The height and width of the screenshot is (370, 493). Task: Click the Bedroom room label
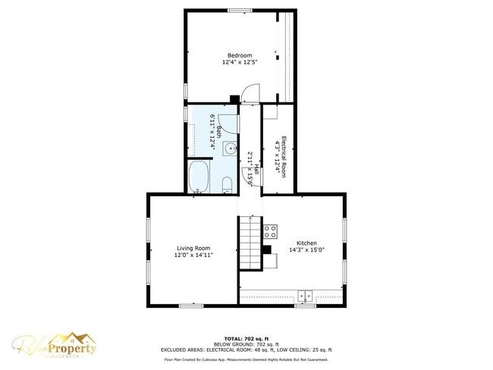240,55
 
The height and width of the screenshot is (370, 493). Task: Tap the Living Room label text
193,248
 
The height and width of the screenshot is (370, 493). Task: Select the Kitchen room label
306,243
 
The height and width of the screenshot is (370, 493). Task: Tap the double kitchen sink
306,295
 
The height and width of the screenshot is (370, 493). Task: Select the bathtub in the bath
199,177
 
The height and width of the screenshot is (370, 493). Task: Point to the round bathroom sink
228,147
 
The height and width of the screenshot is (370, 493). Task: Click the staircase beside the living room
250,243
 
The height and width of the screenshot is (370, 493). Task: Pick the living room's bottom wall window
191,306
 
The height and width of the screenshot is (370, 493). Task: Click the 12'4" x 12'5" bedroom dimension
240,62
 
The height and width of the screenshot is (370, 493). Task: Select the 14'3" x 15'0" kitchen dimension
306,249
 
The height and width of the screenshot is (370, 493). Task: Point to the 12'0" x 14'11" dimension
193,255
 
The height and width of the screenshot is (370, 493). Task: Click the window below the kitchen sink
305,306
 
